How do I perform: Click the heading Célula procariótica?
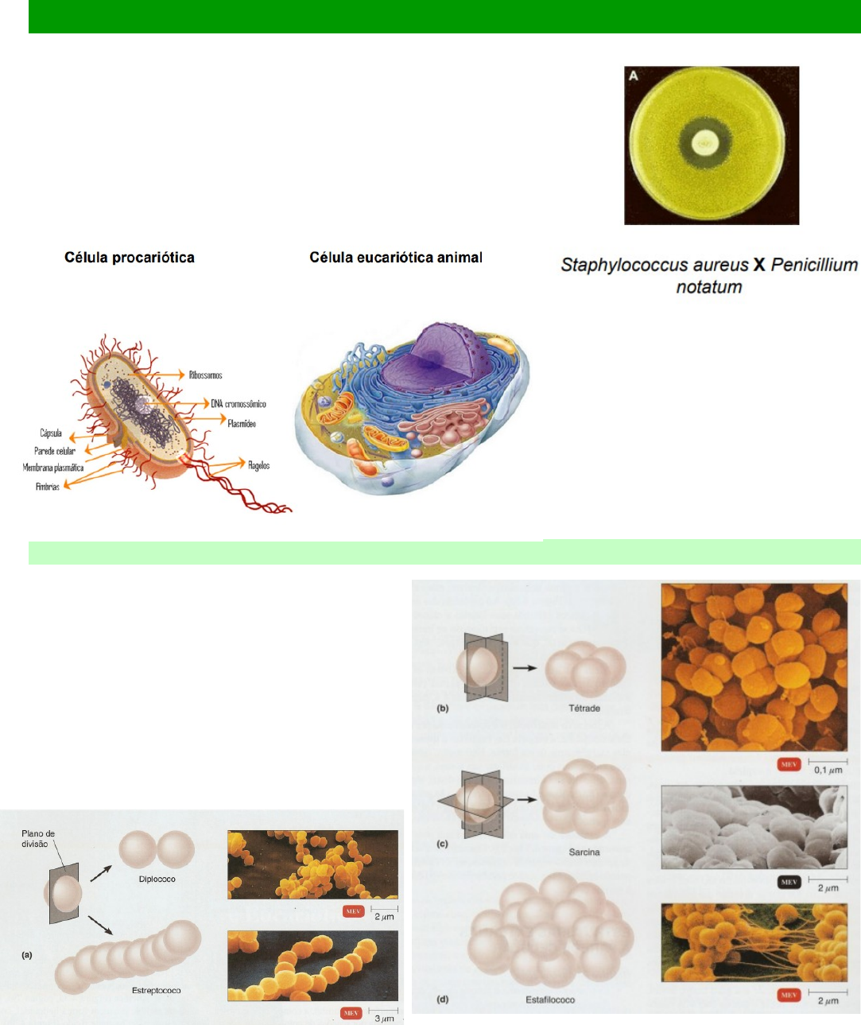130,258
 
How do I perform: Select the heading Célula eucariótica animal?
396,258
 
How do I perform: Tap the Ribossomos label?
205,375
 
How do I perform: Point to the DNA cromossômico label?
239,404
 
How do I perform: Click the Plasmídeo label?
242,424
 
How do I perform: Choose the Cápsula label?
51,433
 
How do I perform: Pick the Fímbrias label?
48,487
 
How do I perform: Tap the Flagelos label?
258,465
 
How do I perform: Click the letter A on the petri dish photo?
634,76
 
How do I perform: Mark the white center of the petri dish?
704,144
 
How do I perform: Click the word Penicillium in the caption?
814,265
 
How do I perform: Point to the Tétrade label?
584,709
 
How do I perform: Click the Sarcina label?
584,852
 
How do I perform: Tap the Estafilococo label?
550,1000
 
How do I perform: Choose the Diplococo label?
157,879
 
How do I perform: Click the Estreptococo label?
157,991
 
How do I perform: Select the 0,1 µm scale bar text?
828,771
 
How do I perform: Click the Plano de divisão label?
37,839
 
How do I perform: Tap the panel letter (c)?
443,844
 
